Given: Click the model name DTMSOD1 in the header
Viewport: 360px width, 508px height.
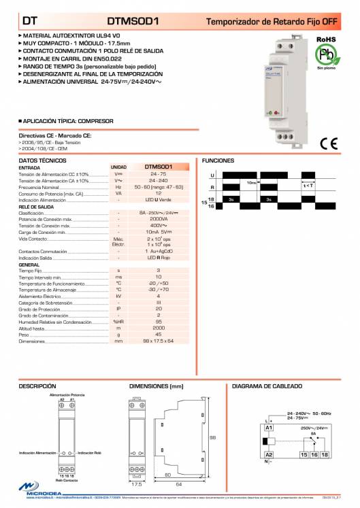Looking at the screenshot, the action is (x=133, y=21).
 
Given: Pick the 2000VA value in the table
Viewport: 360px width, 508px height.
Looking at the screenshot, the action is (x=158, y=220).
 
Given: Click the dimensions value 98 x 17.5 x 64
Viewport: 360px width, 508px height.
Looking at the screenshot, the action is (x=158, y=341).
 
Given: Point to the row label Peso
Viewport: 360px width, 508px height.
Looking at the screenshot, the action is (x=24, y=335).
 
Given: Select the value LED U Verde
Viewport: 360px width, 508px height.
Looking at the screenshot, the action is (x=158, y=200).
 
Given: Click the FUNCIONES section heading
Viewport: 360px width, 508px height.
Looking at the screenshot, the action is (x=218, y=160).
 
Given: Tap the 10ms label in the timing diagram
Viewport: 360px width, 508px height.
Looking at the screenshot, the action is (x=252, y=182).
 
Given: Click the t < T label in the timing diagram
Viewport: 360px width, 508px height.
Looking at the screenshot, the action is (x=308, y=185).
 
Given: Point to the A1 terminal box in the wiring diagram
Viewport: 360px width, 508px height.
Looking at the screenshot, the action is (x=269, y=426).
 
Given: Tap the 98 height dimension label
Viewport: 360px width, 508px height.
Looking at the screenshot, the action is (x=212, y=437).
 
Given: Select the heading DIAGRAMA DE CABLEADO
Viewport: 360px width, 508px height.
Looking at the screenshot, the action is (x=267, y=386).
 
